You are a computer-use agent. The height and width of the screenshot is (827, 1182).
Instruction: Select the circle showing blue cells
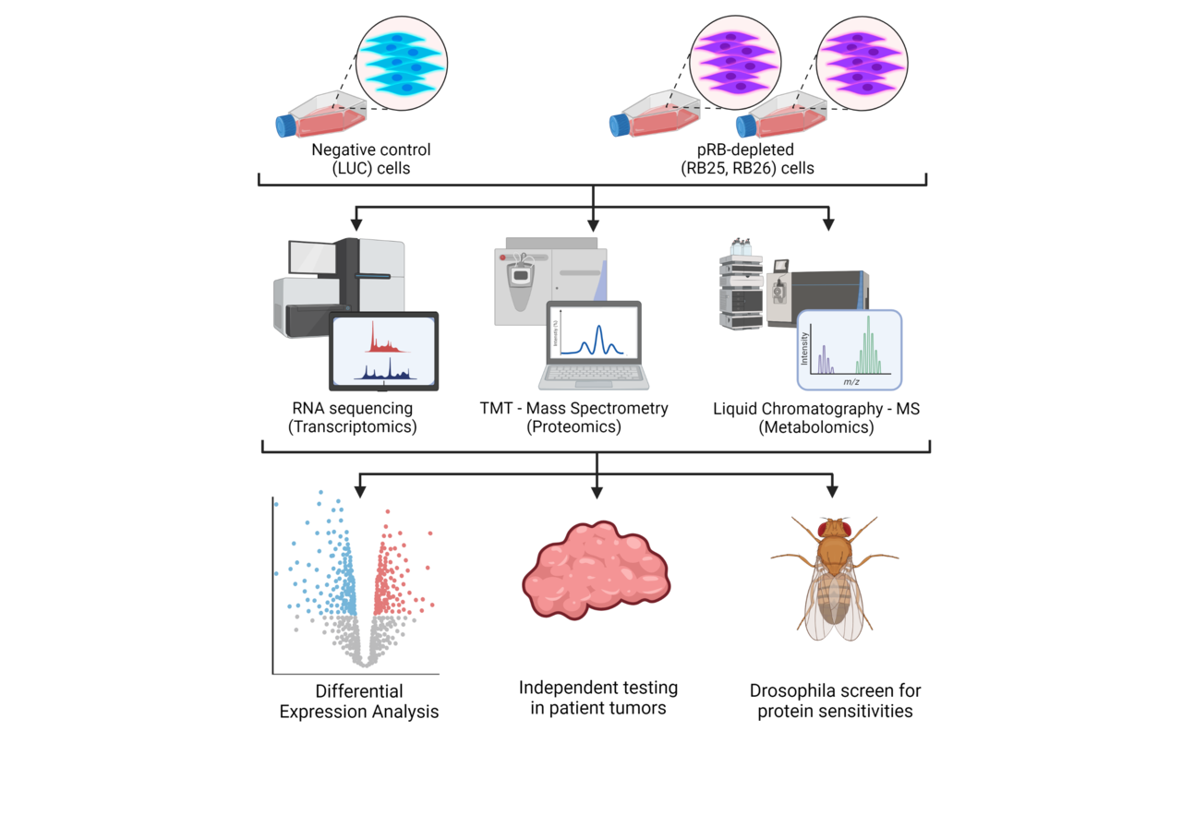click(x=401, y=58)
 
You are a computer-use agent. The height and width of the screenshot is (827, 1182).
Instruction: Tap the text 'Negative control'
click(x=370, y=150)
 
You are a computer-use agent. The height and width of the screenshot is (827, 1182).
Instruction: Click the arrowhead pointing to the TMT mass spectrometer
click(x=594, y=223)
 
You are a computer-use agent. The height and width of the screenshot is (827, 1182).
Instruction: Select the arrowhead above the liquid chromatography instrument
click(x=829, y=223)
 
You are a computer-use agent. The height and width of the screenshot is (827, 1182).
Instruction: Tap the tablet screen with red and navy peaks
click(x=383, y=351)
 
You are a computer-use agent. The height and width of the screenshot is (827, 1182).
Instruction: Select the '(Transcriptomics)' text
click(x=351, y=426)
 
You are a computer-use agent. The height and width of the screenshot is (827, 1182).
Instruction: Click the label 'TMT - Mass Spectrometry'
click(x=573, y=408)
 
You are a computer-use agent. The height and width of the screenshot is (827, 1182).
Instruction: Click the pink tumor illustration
click(x=600, y=566)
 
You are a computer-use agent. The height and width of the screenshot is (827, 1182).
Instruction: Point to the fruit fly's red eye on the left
click(x=822, y=529)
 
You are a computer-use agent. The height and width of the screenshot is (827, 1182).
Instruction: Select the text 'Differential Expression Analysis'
click(x=359, y=701)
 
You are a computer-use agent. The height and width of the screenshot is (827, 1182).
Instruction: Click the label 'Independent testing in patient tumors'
click(x=597, y=698)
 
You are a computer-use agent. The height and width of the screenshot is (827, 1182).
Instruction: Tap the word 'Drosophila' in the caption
click(x=794, y=690)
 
